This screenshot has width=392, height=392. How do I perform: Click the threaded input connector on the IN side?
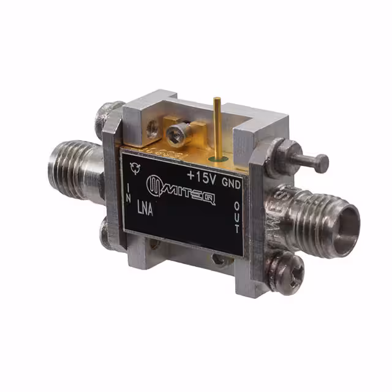(x=77, y=164)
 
